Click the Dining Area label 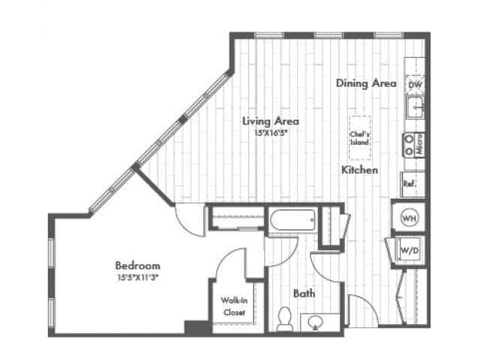coord(366,84)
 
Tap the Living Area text coord(271,121)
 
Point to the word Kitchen coord(359,171)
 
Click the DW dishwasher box coord(415,85)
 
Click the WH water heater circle coord(409,217)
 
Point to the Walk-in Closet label coord(233,306)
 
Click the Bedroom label coord(137,265)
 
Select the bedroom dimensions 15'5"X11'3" coord(137,277)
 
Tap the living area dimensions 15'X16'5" coord(271,132)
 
